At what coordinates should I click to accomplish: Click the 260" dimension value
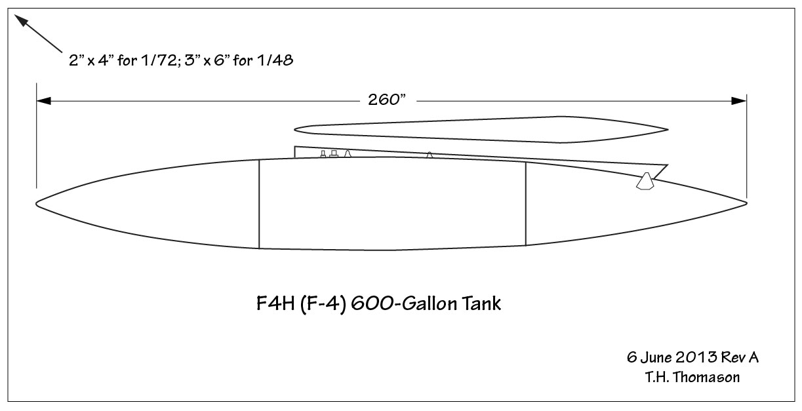[x=384, y=101]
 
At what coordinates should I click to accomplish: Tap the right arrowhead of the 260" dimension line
[x=739, y=101]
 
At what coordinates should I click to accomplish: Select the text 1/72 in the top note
[x=165, y=62]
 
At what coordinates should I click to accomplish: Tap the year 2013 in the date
[x=690, y=358]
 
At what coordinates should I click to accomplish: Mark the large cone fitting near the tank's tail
[x=646, y=182]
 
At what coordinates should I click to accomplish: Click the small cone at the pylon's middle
[x=430, y=155]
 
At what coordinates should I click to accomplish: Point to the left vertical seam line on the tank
[x=259, y=204]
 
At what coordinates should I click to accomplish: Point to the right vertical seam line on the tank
[x=526, y=204]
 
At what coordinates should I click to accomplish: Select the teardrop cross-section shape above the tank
[x=482, y=128]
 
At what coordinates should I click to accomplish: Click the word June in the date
[x=654, y=358]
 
